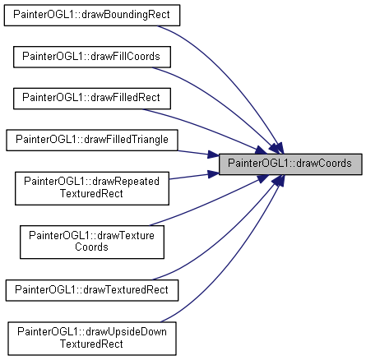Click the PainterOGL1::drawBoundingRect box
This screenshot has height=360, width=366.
[x=92, y=16]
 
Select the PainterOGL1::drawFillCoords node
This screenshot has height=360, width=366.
[x=92, y=57]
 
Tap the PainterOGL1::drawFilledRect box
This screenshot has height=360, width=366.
[x=92, y=99]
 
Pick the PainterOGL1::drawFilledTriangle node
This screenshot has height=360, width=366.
[x=92, y=141]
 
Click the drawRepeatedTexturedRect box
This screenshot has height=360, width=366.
[x=92, y=188]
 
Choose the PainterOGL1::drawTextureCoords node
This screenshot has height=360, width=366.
[x=92, y=242]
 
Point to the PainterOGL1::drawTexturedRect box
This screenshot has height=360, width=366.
[x=92, y=290]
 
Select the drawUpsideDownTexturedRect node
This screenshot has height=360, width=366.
[x=92, y=339]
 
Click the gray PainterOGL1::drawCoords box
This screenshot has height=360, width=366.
[x=290, y=164]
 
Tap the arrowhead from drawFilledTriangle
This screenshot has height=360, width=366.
[x=213, y=155]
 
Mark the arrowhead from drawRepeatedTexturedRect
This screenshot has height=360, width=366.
[x=213, y=174]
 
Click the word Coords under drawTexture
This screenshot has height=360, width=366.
[x=91, y=247]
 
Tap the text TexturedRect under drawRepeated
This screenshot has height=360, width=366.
[x=91, y=193]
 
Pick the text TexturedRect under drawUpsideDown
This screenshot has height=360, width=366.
[x=91, y=344]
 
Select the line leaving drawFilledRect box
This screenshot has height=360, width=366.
[x=203, y=128]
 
